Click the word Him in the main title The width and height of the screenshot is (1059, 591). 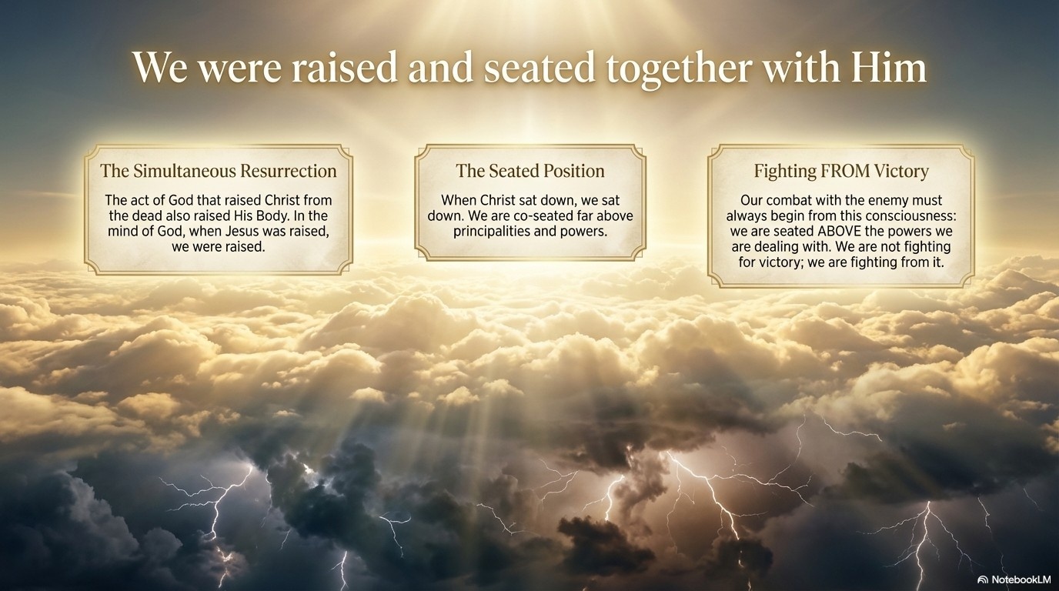pyautogui.click(x=888, y=68)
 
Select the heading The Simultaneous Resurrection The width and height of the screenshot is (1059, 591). pyautogui.click(x=219, y=171)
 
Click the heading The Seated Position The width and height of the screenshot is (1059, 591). pyautogui.click(x=530, y=171)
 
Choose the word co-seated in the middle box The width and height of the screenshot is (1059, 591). pyautogui.click(x=542, y=216)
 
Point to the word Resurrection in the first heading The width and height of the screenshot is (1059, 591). pyautogui.click(x=288, y=171)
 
